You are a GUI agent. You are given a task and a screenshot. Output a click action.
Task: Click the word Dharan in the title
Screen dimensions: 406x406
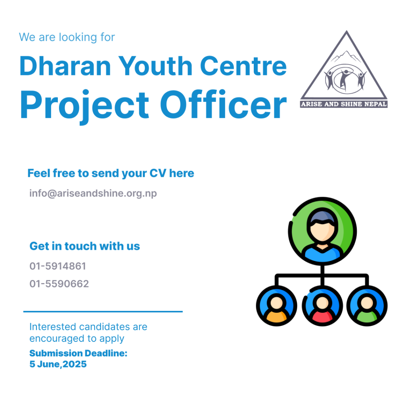click(65, 66)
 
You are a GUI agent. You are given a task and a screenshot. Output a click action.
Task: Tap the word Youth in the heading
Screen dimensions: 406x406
click(155, 66)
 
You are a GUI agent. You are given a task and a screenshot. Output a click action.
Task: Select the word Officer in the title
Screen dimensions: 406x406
click(224, 104)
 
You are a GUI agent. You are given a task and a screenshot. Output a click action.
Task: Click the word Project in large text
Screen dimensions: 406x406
click(84, 107)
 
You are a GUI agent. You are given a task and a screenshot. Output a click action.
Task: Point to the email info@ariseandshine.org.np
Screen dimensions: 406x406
click(93, 193)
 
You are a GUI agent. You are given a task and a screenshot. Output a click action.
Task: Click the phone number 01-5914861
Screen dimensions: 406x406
click(57, 266)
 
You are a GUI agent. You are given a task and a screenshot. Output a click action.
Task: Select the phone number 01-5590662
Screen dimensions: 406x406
click(59, 284)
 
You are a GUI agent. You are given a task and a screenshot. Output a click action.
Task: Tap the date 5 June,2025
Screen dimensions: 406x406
click(58, 364)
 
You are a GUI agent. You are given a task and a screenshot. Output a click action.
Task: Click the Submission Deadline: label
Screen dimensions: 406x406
click(78, 353)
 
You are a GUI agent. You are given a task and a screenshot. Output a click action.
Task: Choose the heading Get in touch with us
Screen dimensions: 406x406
click(85, 246)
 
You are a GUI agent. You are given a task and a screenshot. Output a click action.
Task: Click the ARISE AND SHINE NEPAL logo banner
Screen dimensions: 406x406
click(344, 104)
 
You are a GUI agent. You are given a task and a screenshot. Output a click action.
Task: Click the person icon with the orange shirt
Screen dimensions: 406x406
click(276, 306)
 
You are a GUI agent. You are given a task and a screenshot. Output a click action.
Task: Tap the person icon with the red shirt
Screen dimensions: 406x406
click(322, 306)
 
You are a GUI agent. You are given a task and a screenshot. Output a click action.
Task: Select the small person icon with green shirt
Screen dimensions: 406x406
click(367, 306)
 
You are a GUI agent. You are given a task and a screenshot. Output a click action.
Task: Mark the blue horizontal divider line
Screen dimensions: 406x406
click(103, 312)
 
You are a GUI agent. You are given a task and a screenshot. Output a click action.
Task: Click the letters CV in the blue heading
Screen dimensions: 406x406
click(158, 173)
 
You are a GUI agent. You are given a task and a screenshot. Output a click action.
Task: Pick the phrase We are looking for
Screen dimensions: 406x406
click(67, 37)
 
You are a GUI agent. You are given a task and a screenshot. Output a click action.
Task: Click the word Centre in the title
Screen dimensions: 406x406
click(243, 66)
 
